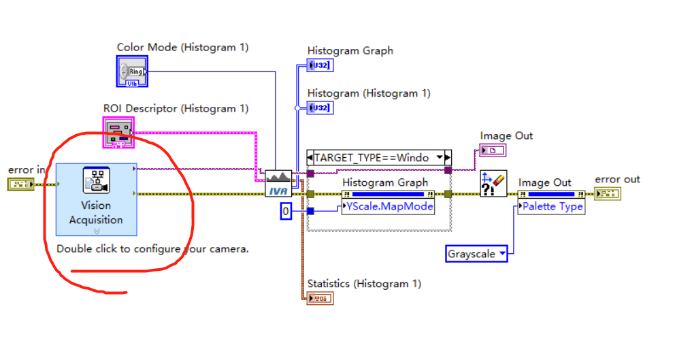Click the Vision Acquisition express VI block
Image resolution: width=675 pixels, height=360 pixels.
pyautogui.click(x=96, y=199)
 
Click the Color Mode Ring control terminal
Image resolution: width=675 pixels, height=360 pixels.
pyautogui.click(x=132, y=71)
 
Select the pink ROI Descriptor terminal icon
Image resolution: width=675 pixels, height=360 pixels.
pyautogui.click(x=118, y=132)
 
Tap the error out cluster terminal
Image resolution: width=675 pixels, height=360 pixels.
pyautogui.click(x=608, y=194)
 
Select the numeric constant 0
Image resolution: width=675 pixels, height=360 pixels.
pyautogui.click(x=286, y=212)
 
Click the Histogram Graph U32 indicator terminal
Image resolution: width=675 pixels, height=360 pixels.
pyautogui.click(x=320, y=65)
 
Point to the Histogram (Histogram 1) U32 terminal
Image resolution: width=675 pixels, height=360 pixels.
pyautogui.click(x=320, y=108)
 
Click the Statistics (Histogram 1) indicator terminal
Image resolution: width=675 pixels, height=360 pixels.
pyautogui.click(x=320, y=298)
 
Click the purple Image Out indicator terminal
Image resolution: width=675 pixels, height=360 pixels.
pyautogui.click(x=493, y=150)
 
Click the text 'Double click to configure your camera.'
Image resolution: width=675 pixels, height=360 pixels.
pyautogui.click(x=152, y=248)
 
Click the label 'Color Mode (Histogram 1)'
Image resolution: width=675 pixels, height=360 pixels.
pyautogui.click(x=182, y=48)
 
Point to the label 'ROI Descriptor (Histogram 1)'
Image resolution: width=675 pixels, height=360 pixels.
pyautogui.click(x=176, y=108)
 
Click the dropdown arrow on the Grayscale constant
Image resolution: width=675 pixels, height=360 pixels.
pyautogui.click(x=503, y=254)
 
